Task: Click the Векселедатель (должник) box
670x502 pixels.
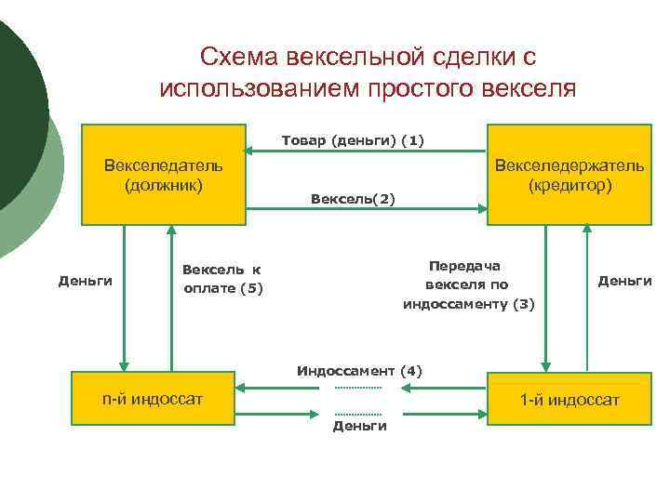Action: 163,175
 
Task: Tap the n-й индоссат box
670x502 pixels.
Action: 153,400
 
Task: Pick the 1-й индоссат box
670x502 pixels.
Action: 569,400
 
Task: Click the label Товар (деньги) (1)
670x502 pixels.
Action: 353,140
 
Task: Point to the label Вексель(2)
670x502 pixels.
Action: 353,199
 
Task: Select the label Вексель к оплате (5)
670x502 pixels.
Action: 222,279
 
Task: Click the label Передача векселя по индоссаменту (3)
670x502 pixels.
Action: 468,284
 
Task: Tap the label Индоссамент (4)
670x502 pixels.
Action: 359,371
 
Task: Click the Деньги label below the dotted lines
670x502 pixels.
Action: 359,426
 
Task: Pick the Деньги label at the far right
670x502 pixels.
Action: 624,280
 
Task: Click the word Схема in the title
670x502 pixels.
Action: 237,58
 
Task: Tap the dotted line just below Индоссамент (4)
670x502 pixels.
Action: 358,387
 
